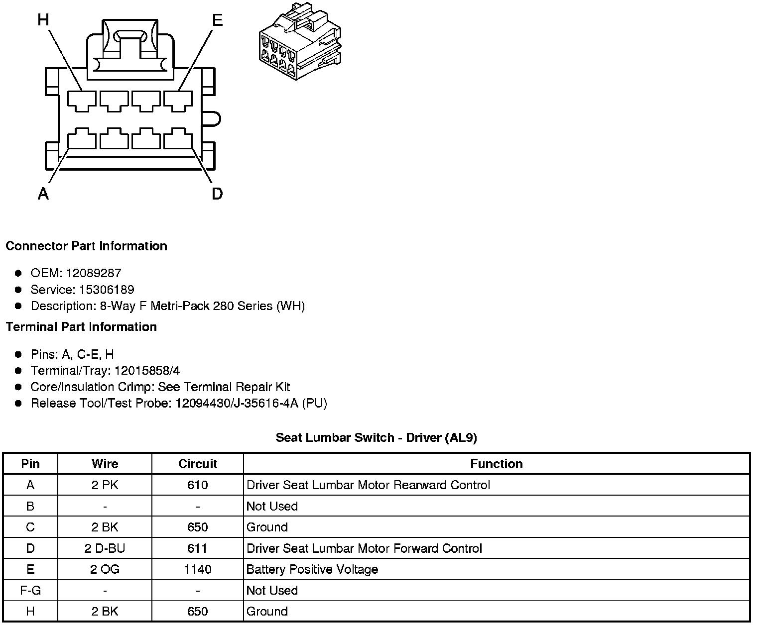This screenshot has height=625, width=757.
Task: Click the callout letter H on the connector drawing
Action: pyautogui.click(x=44, y=19)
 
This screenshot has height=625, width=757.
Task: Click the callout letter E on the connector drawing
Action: pyautogui.click(x=217, y=20)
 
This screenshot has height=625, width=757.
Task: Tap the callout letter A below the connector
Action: pyautogui.click(x=43, y=194)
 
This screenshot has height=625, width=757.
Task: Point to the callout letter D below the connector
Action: pyautogui.click(x=217, y=194)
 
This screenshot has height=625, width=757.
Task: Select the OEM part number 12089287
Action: pyautogui.click(x=94, y=273)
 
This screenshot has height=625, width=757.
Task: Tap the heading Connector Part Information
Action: pyautogui.click(x=87, y=246)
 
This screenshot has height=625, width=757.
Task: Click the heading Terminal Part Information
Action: pyautogui.click(x=81, y=327)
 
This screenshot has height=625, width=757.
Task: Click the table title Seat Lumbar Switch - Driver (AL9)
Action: pyautogui.click(x=377, y=438)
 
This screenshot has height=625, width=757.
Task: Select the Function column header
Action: pyautogui.click(x=497, y=464)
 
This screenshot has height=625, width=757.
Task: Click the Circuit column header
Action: pyautogui.click(x=198, y=464)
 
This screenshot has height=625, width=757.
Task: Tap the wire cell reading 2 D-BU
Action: pyautogui.click(x=105, y=548)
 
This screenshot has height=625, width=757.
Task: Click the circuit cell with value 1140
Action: pyautogui.click(x=198, y=569)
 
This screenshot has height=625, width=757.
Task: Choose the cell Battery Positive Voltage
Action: pyautogui.click(x=312, y=569)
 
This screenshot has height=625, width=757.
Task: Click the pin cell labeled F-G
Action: pyautogui.click(x=30, y=591)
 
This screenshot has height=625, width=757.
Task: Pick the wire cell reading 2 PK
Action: pyautogui.click(x=105, y=485)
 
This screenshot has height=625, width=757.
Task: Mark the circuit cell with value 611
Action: pyautogui.click(x=198, y=548)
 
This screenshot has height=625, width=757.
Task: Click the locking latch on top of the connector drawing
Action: pyautogui.click(x=131, y=50)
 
